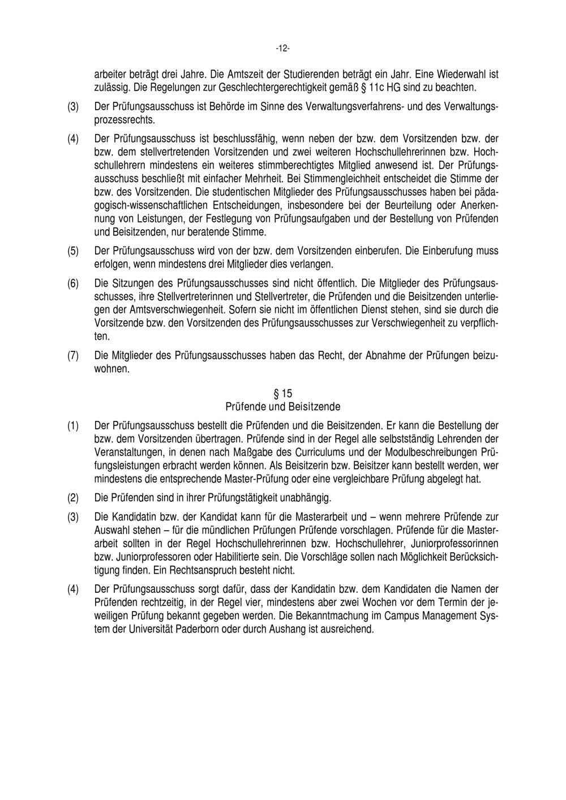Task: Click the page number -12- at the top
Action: pyautogui.click(x=282, y=49)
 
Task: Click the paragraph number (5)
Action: pyautogui.click(x=74, y=251)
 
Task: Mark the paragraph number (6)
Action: pyautogui.click(x=74, y=283)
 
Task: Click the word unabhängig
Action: pyautogui.click(x=305, y=498)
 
